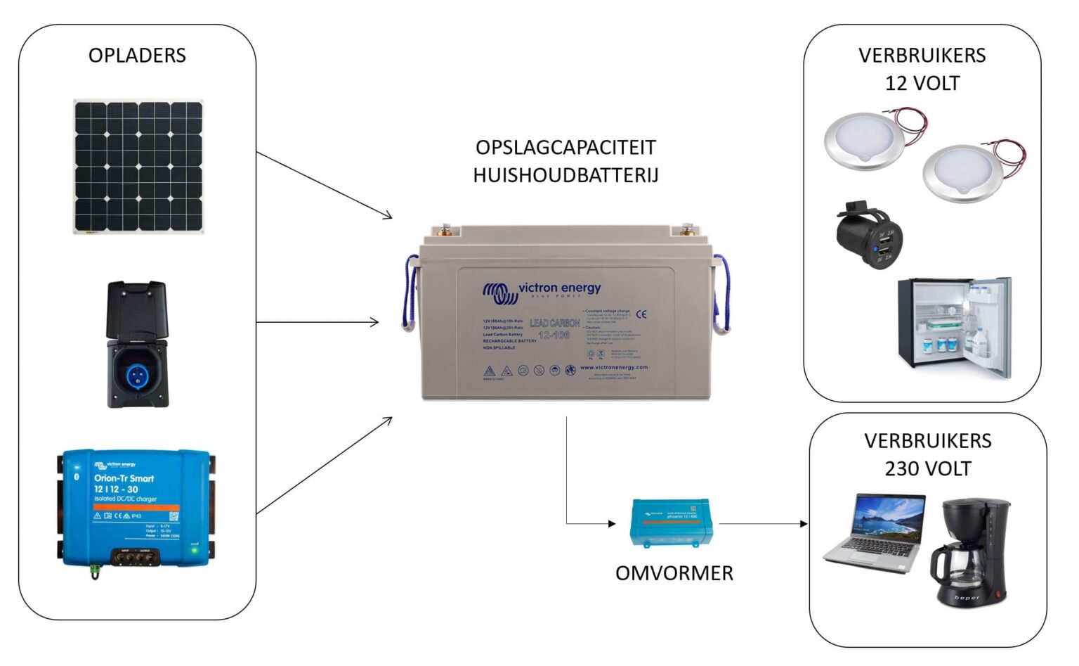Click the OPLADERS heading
[137, 56]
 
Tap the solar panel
[138, 166]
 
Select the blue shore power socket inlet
[137, 371]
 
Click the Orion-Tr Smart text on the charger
[124, 478]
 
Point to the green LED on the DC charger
[195, 551]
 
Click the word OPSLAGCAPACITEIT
[565, 148]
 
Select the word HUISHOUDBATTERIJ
[565, 175]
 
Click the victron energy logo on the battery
[542, 290]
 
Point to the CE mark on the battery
[641, 314]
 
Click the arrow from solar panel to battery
[323, 185]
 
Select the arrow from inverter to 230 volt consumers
[763, 523]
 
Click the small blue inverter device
[672, 522]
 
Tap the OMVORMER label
[674, 573]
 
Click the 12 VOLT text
[922, 84]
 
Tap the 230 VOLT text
[927, 469]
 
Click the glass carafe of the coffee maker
[956, 569]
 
